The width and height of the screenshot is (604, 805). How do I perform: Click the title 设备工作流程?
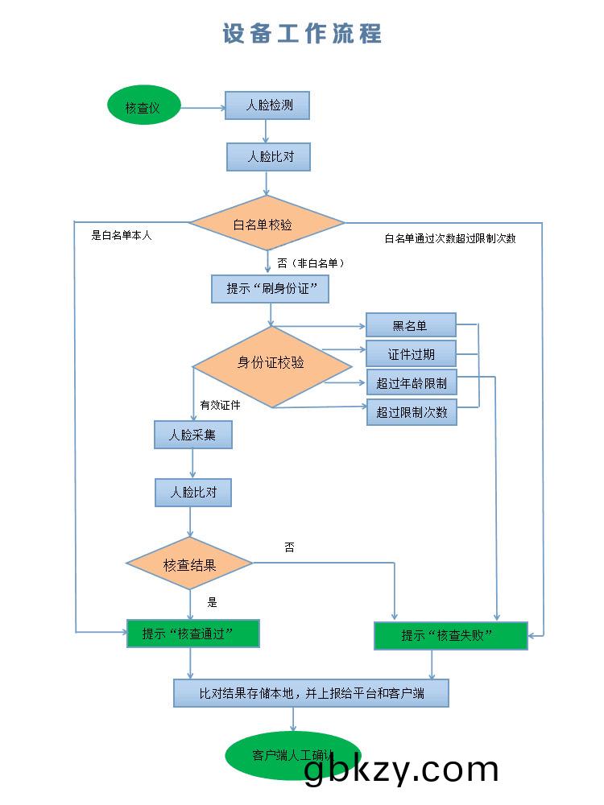coord(302,34)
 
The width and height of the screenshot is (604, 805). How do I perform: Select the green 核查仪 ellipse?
coord(144,108)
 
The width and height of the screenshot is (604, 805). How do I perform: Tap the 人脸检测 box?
coord(267,105)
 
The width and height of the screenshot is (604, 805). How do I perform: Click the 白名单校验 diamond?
coord(267,223)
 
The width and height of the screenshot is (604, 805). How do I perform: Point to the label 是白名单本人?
coord(122,236)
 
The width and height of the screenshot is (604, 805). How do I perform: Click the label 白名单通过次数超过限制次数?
coord(450,238)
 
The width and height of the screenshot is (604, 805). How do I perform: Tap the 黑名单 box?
coord(411,325)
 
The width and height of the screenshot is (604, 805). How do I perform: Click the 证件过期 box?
coord(411,354)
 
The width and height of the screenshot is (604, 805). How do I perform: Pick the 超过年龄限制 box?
coord(411,383)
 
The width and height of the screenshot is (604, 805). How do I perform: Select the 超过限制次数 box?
coord(411,412)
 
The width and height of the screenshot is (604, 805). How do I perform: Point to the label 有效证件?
coord(221,405)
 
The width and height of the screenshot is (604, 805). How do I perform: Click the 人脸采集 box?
coord(193,435)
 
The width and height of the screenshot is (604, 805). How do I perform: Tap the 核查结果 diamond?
coord(190,564)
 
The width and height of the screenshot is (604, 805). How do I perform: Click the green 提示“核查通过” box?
coord(193,633)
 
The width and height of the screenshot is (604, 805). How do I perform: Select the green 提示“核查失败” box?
coord(451,635)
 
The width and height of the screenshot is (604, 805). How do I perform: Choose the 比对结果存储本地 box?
coord(311,692)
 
